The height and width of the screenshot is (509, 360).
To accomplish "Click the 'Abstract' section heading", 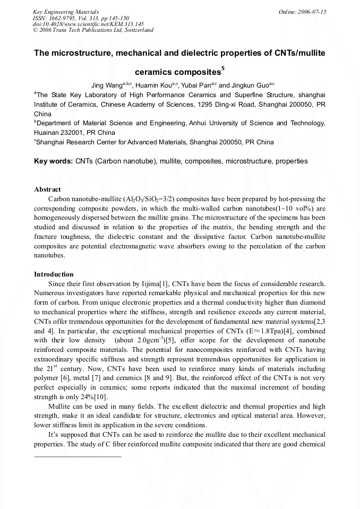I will (x=47, y=189).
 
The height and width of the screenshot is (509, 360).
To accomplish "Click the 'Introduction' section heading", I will (x=54, y=274).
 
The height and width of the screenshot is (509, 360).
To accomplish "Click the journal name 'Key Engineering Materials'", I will (x=65, y=12).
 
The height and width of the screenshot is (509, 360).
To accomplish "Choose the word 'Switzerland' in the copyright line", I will (x=139, y=30).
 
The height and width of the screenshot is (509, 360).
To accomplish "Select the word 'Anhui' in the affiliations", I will (x=201, y=123).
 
